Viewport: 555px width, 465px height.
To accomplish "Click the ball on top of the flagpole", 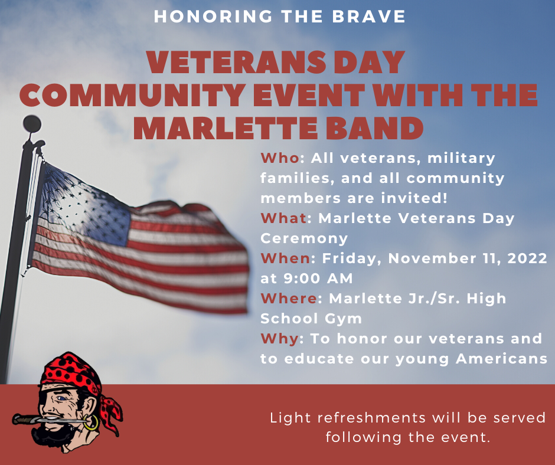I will coord(32,123).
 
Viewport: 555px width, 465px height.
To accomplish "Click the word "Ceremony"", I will coord(304,238).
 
